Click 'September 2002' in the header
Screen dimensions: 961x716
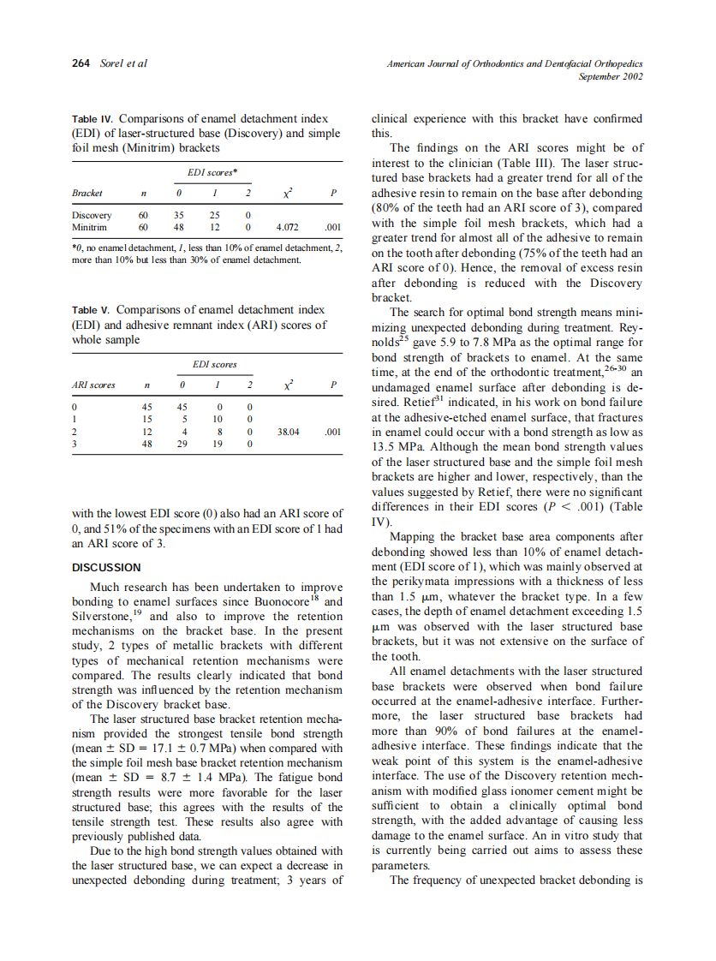click(611, 76)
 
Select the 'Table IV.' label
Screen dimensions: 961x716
click(92, 118)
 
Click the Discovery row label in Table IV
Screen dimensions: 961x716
click(91, 215)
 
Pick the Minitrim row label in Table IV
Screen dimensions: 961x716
click(90, 228)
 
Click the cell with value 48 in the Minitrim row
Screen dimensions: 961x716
click(177, 228)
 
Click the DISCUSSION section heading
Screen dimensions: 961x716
click(106, 567)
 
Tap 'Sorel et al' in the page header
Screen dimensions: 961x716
click(124, 63)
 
